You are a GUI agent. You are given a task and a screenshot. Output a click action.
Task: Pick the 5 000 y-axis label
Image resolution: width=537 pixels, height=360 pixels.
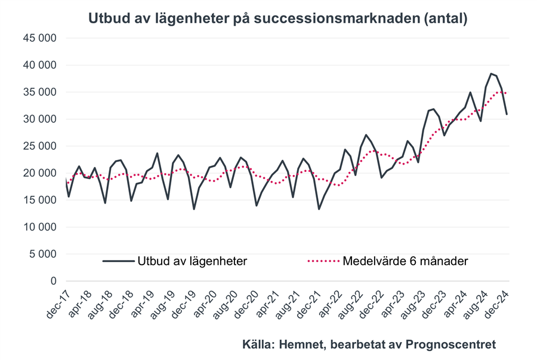click(x=43, y=254)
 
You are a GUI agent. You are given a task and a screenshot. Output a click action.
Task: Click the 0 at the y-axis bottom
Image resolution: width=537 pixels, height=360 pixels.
click(x=53, y=281)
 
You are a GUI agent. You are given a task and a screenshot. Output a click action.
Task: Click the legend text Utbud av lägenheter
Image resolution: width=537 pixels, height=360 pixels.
click(x=193, y=261)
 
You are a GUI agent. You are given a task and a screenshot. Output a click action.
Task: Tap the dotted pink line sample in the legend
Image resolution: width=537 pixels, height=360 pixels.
click(x=324, y=261)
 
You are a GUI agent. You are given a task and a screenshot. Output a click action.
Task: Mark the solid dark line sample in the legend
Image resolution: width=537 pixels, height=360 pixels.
click(x=118, y=261)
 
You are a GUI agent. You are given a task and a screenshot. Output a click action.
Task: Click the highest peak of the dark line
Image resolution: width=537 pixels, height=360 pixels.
click(x=491, y=74)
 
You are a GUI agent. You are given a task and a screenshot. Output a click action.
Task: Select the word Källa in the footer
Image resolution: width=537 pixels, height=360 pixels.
click(x=257, y=344)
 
